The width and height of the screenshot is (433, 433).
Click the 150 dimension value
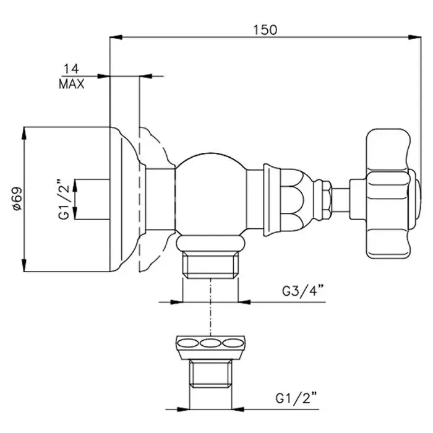pos(265,30)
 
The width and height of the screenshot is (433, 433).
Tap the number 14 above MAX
pos(71,69)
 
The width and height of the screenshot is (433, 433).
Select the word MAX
pos(72,84)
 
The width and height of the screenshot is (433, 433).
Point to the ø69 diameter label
pos(17,199)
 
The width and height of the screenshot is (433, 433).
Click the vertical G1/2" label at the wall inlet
pos(64,199)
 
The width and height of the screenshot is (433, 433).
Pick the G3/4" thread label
pos(302,291)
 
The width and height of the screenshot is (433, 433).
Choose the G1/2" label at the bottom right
pos(296,398)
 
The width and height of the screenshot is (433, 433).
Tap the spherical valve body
pos(211,193)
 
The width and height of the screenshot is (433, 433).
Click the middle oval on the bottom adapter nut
pos(210,343)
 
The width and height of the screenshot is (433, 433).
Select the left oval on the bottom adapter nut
pos(187,343)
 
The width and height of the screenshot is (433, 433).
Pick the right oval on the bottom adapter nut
pos(233,343)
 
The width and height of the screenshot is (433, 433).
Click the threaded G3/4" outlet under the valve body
pos(210,264)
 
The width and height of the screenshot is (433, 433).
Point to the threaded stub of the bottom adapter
pos(210,374)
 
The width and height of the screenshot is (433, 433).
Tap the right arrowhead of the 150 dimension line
pos(415,37)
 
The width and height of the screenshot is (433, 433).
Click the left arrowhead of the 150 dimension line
pos(116,37)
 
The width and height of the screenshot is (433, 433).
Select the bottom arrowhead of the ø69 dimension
pos(24,265)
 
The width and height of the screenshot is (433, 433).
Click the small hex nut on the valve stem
pos(327,200)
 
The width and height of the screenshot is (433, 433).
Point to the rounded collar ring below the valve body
pos(210,243)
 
